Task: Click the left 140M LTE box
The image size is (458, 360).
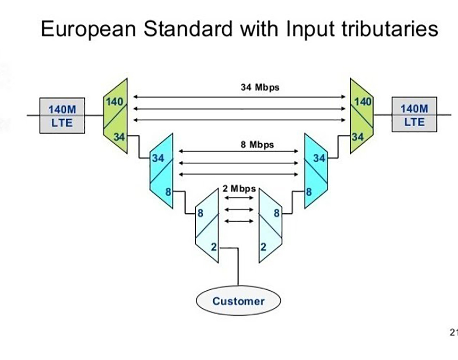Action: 62,116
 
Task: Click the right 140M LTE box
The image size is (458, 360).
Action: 414,114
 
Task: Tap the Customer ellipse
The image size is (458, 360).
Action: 238,301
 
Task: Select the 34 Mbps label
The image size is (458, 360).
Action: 260,87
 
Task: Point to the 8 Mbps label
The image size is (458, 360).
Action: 257,144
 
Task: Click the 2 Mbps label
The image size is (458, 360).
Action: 239,188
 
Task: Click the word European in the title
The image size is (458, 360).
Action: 88,29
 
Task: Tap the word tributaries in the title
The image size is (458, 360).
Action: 390,29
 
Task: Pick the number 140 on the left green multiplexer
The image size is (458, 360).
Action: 114,102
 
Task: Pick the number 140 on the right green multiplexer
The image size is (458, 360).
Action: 363,102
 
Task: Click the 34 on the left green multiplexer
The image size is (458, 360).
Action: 119,137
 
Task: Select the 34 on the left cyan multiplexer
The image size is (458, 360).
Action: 158,158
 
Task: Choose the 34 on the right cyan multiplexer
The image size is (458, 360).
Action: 319,158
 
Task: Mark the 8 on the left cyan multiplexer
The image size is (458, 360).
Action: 168,192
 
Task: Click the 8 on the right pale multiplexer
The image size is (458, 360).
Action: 277,213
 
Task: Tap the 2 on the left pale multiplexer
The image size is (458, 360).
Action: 213,247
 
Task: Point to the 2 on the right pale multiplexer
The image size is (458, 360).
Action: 263,247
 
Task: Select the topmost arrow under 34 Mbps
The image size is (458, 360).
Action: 240,97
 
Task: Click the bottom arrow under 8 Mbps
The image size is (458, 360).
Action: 239,174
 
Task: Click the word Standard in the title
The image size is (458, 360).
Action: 188,29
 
